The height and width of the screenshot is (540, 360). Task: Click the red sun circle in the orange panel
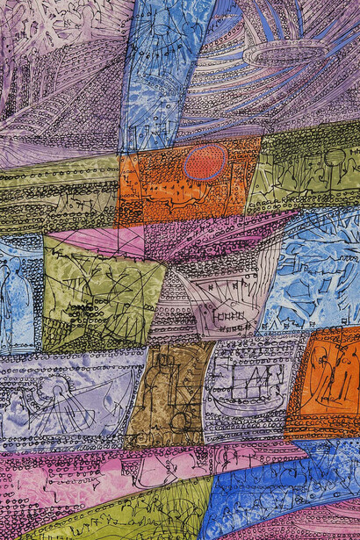click(205, 162)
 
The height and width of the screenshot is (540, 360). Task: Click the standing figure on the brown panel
click(158, 386)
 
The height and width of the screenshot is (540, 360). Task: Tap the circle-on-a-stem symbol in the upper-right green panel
click(334, 162)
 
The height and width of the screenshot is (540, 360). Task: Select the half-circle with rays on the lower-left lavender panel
click(57, 404)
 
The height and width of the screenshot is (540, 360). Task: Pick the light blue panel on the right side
click(316, 272)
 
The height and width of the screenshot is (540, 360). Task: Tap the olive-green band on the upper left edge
click(53, 193)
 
